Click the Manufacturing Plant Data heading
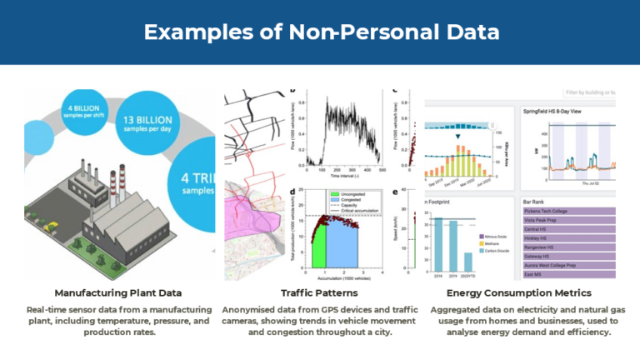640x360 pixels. point(118,293)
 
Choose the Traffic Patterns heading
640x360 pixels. point(319,293)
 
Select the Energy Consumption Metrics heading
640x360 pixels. point(519,293)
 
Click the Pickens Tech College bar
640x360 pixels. point(567,211)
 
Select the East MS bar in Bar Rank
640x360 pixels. point(567,273)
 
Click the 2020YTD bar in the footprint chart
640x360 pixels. point(468,261)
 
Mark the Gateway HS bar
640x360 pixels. point(567,256)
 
